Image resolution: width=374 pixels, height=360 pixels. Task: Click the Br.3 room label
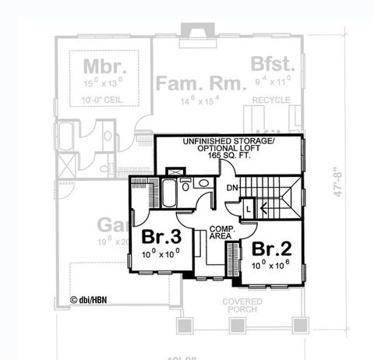coord(161,237)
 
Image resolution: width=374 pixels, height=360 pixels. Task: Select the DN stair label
coord(232,189)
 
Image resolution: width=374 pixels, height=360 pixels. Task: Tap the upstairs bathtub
coord(168,192)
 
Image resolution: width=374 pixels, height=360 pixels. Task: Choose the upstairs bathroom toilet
coord(186,185)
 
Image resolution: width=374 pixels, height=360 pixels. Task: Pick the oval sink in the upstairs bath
coord(203,184)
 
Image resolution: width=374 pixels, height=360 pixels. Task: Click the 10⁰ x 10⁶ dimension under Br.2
coord(270,266)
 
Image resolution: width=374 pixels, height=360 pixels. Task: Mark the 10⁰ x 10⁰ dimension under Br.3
coord(161,252)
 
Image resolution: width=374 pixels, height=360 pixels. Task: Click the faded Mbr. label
coord(101,65)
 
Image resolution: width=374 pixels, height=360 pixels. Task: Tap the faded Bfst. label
coord(271,64)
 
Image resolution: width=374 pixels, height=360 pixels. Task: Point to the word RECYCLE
coord(271,100)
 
